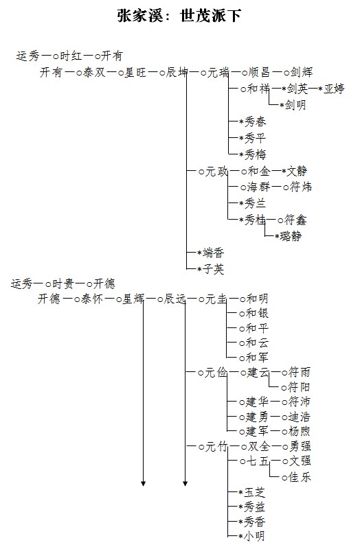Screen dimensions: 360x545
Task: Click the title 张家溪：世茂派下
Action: tap(179, 16)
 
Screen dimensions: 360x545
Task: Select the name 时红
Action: tap(71, 56)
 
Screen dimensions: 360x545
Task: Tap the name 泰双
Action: tap(94, 72)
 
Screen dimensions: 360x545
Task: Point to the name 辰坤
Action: tap(177, 72)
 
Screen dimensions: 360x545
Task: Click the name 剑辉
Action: tap(302, 72)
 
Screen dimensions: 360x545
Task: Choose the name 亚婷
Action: tap(334, 89)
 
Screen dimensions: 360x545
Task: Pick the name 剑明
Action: tap(295, 104)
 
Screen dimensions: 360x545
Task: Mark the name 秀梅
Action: tap(255, 154)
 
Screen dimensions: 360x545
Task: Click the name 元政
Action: tap(216, 172)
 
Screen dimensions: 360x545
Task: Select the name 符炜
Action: tap(301, 187)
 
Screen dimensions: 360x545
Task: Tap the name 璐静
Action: tap(291, 236)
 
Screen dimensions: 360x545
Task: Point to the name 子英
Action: tap(213, 269)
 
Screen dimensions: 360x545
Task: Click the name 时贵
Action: tap(63, 284)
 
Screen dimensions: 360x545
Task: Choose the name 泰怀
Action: tap(92, 299)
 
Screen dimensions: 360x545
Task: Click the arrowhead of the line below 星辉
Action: tap(143, 483)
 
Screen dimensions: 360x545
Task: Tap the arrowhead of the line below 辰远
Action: tap(185, 483)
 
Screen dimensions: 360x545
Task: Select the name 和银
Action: tap(257, 314)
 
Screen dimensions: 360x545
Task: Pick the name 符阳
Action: tap(299, 387)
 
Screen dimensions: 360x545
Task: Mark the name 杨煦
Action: tap(299, 432)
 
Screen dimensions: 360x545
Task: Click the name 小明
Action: tap(255, 536)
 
